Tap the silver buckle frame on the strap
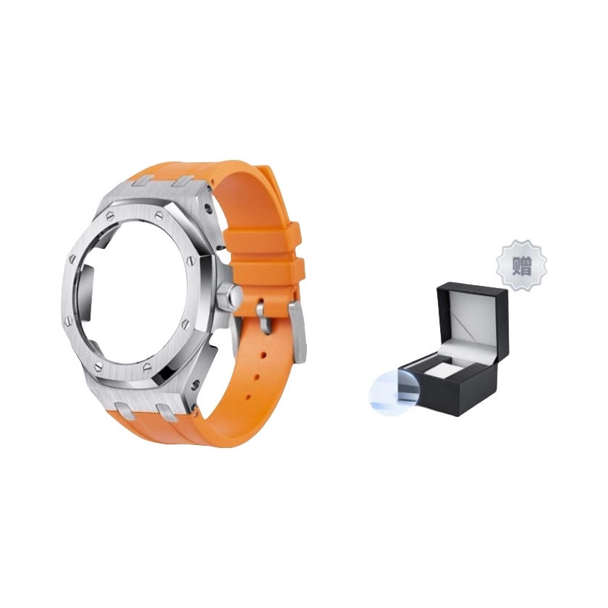[x=297, y=332]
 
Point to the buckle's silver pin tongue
[x=263, y=316]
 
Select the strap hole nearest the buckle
[x=263, y=355]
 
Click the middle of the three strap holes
[x=256, y=376]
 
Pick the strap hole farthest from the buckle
[x=248, y=397]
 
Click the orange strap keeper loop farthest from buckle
[x=263, y=237]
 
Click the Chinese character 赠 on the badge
[x=522, y=266]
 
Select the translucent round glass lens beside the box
[x=394, y=390]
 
